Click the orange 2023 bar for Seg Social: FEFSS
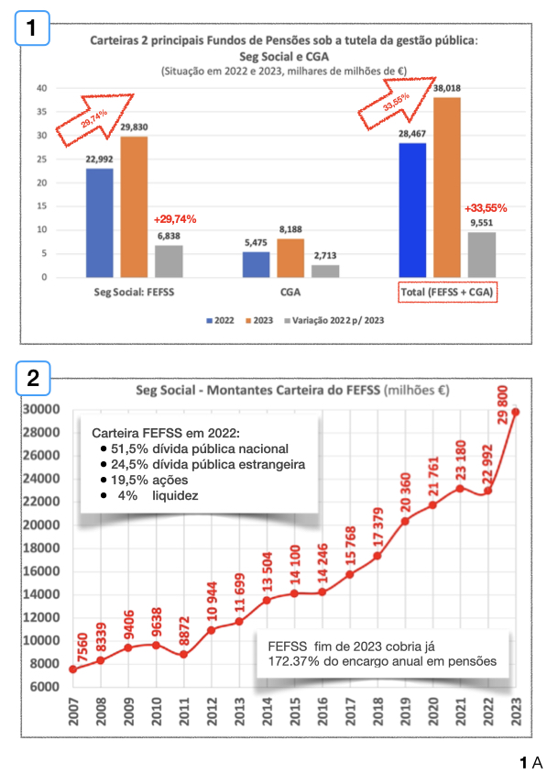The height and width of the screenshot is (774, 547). [x=133, y=206]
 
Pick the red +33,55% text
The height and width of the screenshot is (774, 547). [x=486, y=208]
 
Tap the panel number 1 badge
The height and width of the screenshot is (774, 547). [x=32, y=28]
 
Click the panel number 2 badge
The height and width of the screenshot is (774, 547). [x=32, y=377]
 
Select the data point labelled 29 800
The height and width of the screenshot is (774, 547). [x=516, y=412]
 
